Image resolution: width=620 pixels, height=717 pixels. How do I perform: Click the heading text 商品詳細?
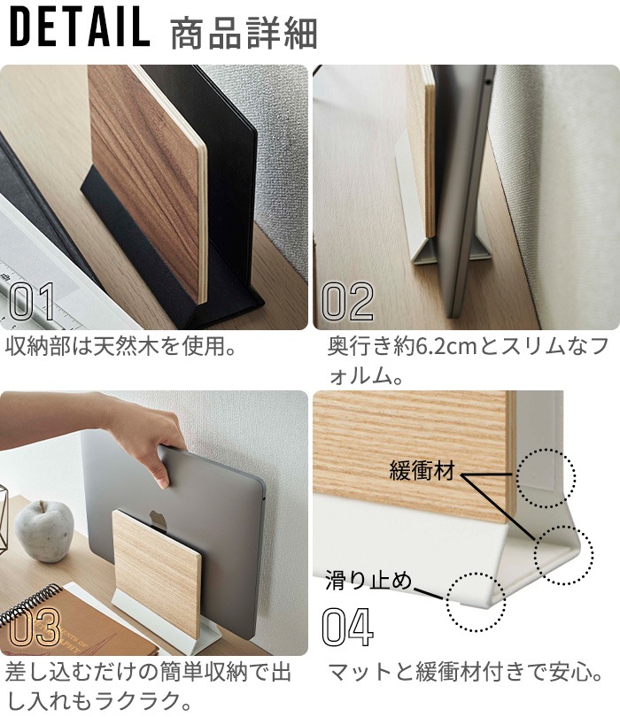point(244,34)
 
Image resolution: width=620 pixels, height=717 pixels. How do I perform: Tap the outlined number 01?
point(32,301)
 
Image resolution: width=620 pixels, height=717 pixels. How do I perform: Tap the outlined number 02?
point(348,301)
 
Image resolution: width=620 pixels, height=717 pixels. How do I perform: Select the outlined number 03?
point(35,627)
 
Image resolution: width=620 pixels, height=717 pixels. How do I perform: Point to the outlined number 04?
point(348,627)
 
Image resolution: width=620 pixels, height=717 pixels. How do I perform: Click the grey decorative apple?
point(44,530)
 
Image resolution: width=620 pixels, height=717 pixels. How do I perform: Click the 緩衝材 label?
point(422,470)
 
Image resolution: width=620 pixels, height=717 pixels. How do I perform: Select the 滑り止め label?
point(368,581)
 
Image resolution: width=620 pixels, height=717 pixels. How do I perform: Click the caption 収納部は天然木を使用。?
point(120,346)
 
